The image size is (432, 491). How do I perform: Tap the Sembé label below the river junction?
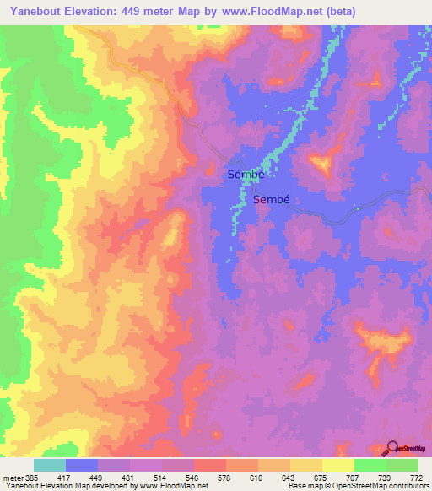click(272, 200)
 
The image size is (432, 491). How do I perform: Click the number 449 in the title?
click(141, 12)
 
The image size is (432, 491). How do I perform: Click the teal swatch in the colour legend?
click(50, 465)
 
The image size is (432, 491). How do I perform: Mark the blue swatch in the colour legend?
click(82, 465)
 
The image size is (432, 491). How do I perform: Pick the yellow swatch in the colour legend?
click(337, 465)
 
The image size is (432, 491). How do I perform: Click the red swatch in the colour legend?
click(209, 465)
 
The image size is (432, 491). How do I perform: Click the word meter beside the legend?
click(13, 478)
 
